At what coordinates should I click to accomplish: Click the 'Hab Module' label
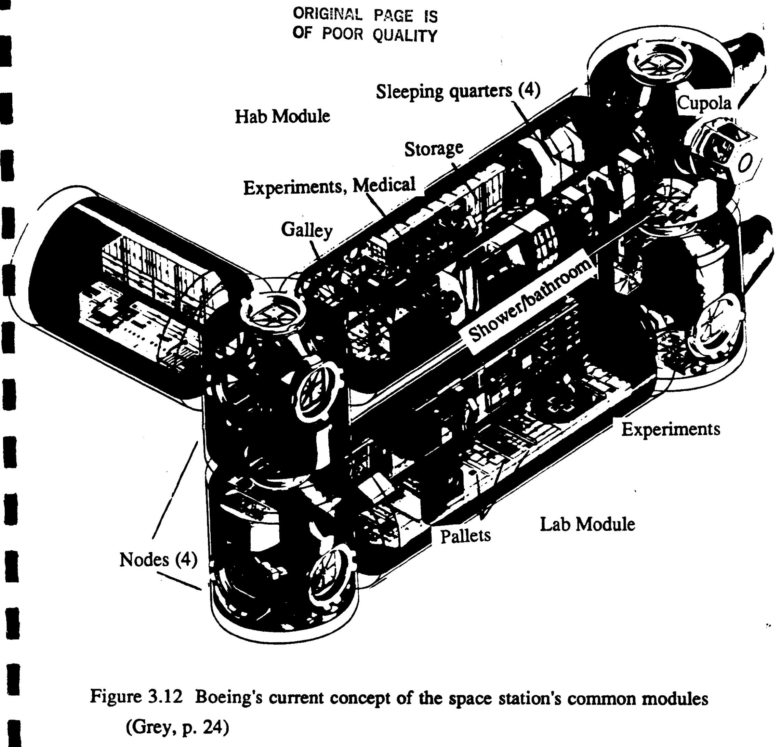click(x=282, y=116)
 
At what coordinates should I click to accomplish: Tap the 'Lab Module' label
click(x=587, y=524)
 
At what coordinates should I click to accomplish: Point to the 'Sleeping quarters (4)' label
click(x=458, y=92)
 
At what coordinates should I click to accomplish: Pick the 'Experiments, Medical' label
click(x=330, y=186)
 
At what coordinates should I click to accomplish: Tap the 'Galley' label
click(x=306, y=230)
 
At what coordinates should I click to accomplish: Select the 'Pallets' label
click(x=465, y=536)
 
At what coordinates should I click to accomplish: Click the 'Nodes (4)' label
click(x=158, y=560)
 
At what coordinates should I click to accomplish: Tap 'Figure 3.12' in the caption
click(x=136, y=697)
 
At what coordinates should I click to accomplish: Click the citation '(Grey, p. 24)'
click(x=177, y=728)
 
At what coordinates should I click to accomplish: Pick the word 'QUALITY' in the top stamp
click(x=405, y=36)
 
